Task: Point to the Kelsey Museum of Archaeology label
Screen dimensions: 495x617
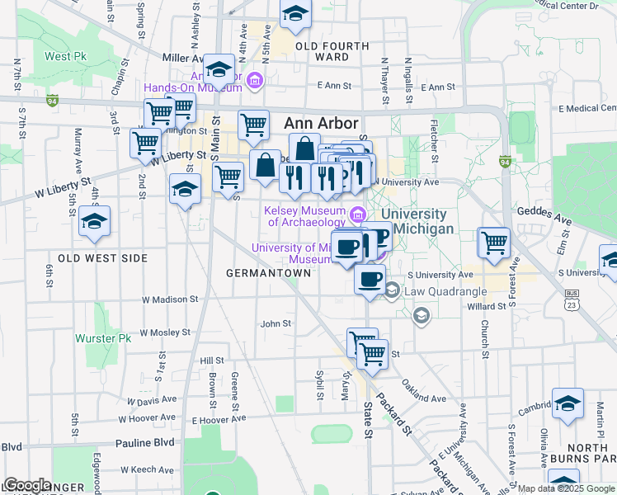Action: (304, 216)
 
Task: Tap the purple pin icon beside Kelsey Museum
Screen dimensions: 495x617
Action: (358, 215)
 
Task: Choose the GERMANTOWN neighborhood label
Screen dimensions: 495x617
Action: (262, 272)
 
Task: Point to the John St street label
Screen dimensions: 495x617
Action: (276, 324)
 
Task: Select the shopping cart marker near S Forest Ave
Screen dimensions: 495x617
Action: (494, 243)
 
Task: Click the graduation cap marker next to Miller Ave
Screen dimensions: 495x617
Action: (219, 68)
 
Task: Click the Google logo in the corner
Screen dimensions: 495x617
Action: (26, 485)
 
